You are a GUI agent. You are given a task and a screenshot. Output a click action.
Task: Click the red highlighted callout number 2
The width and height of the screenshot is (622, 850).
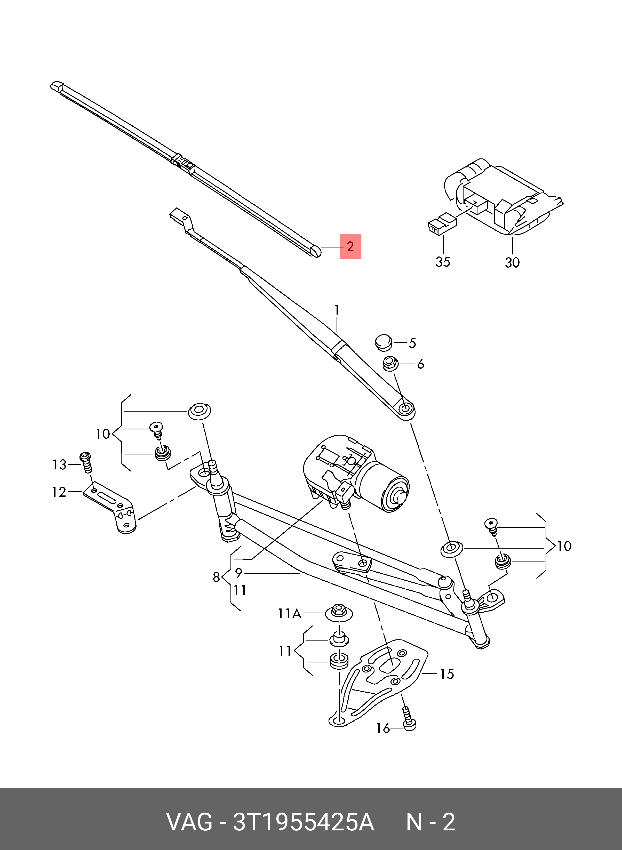pyautogui.click(x=350, y=247)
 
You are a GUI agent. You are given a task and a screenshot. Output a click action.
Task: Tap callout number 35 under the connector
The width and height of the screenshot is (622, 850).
pyautogui.click(x=443, y=262)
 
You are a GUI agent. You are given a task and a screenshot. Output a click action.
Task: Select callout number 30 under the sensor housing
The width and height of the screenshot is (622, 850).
pyautogui.click(x=512, y=262)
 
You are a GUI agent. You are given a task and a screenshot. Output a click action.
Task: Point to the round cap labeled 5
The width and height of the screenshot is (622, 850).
pyautogui.click(x=383, y=342)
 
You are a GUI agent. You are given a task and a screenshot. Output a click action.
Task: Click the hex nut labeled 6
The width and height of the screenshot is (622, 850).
pyautogui.click(x=389, y=364)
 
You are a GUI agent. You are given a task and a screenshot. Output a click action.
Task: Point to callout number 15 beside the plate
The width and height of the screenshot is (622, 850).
pyautogui.click(x=447, y=674)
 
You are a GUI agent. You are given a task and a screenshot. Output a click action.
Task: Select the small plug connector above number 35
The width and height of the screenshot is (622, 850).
pyautogui.click(x=442, y=224)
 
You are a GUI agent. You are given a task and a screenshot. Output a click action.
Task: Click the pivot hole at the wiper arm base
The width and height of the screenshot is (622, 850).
pyautogui.click(x=405, y=408)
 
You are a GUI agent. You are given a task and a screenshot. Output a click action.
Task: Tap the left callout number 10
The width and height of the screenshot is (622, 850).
pyautogui.click(x=102, y=434)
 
